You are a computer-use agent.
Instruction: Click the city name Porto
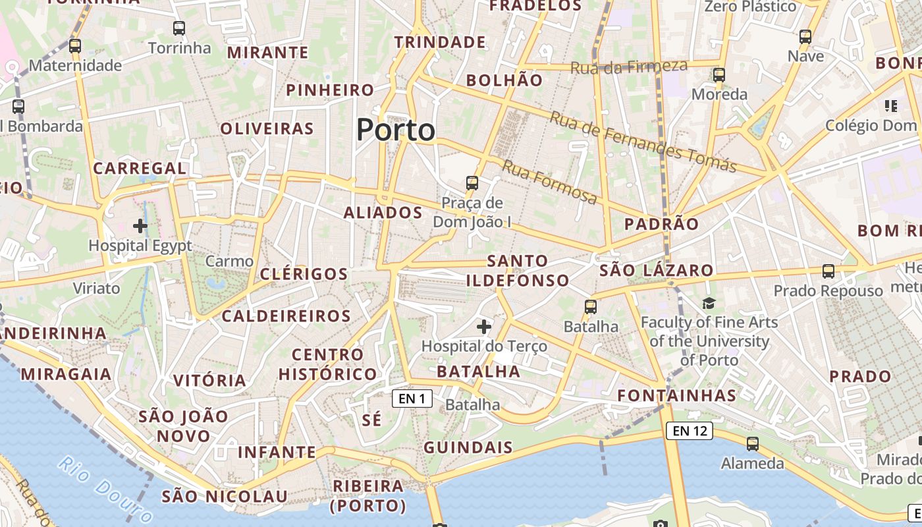[396, 130]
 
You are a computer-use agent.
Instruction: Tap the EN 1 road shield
[412, 398]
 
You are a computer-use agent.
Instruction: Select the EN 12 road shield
[690, 431]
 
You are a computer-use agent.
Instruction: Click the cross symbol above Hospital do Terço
[484, 326]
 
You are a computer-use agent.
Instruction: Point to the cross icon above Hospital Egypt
[140, 226]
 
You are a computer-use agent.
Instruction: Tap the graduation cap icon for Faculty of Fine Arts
[709, 303]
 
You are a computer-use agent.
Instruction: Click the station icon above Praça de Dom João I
[472, 182]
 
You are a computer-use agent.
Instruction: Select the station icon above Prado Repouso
[828, 271]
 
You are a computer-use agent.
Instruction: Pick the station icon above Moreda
[719, 75]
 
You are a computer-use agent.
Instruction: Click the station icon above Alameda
[752, 444]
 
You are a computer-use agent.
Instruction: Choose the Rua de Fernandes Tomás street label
[643, 141]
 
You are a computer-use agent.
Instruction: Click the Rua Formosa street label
[550, 181]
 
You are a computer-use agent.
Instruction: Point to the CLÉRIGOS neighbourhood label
[304, 274]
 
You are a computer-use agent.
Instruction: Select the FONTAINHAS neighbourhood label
[676, 395]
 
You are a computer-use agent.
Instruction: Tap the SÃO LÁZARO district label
[657, 270]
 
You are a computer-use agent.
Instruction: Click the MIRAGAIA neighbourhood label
[66, 374]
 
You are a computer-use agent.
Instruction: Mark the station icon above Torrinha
[179, 28]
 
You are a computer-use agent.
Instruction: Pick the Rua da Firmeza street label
[629, 67]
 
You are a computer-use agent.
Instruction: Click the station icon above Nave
[805, 37]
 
